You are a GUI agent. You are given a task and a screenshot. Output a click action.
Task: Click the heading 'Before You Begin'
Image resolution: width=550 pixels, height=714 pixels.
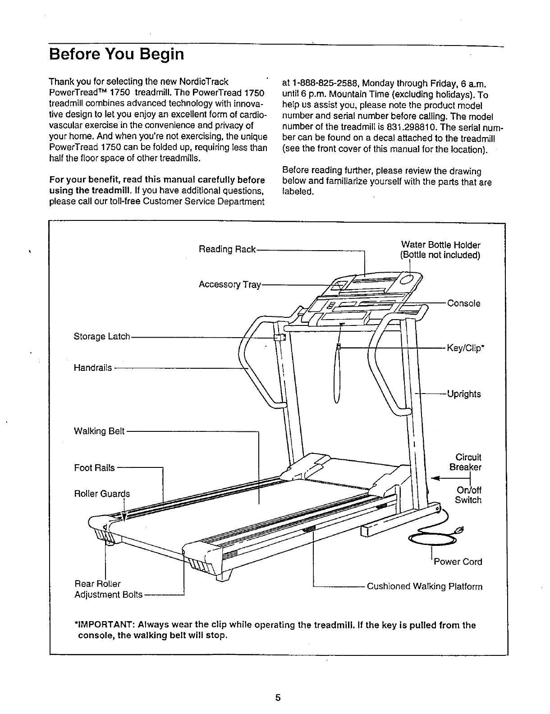117,55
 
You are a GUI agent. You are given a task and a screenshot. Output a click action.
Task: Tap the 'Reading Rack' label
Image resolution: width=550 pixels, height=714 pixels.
227,249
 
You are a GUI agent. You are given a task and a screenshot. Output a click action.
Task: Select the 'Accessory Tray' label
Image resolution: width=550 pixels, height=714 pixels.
229,284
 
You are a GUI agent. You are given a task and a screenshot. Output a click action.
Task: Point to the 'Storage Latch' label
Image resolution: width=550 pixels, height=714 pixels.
101,336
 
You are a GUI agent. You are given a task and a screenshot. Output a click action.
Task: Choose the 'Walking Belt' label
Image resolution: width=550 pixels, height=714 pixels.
99,431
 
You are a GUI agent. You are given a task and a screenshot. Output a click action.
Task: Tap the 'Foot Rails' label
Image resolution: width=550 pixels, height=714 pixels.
94,468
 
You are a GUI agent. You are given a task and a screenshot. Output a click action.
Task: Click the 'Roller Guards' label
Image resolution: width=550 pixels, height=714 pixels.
101,494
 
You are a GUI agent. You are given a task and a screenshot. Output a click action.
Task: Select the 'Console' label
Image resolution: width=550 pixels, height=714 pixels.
463,303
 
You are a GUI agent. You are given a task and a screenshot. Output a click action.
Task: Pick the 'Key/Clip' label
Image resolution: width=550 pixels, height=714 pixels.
464,348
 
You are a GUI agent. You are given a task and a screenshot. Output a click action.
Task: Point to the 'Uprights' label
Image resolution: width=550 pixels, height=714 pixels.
464,394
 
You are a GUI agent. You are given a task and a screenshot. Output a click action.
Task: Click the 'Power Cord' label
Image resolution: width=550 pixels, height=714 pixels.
458,562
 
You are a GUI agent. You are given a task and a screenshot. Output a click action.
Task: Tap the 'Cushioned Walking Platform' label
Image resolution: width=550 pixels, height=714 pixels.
425,586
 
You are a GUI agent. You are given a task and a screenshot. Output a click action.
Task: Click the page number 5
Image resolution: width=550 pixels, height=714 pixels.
278,698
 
